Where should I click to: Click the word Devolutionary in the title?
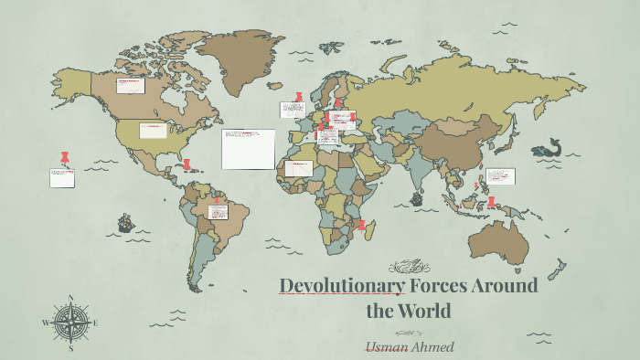click(342, 286)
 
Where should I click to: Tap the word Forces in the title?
click(439, 286)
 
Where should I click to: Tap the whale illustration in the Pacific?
click(549, 146)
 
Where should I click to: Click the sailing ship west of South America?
click(126, 222)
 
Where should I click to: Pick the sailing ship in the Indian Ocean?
click(417, 198)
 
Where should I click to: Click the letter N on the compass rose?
click(71, 298)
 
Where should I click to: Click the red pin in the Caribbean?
click(187, 164)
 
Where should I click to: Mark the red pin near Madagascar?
click(361, 224)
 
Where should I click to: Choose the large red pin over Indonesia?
click(491, 201)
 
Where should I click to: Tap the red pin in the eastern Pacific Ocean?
click(64, 156)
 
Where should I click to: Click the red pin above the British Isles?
click(299, 96)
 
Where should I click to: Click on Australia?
click(498, 244)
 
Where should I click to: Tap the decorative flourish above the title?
click(409, 267)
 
